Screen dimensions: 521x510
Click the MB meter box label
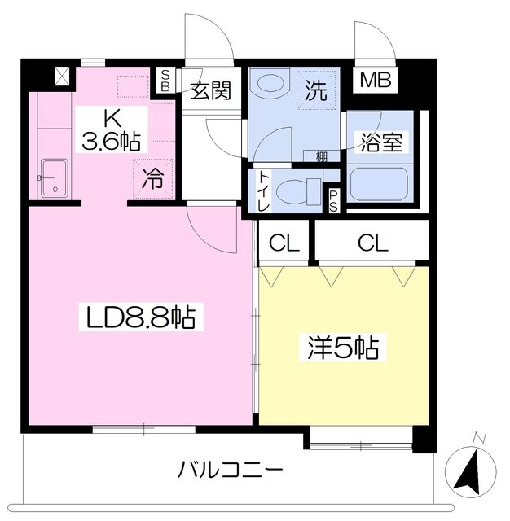tap(377, 81)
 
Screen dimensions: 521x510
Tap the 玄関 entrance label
tap(211, 91)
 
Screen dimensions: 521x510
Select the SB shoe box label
tap(165, 80)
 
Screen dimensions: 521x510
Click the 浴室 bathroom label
tap(381, 141)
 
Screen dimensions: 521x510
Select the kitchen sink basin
tap(55, 177)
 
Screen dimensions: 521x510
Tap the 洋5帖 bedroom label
tap(342, 348)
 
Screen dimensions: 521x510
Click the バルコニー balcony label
tap(231, 470)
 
